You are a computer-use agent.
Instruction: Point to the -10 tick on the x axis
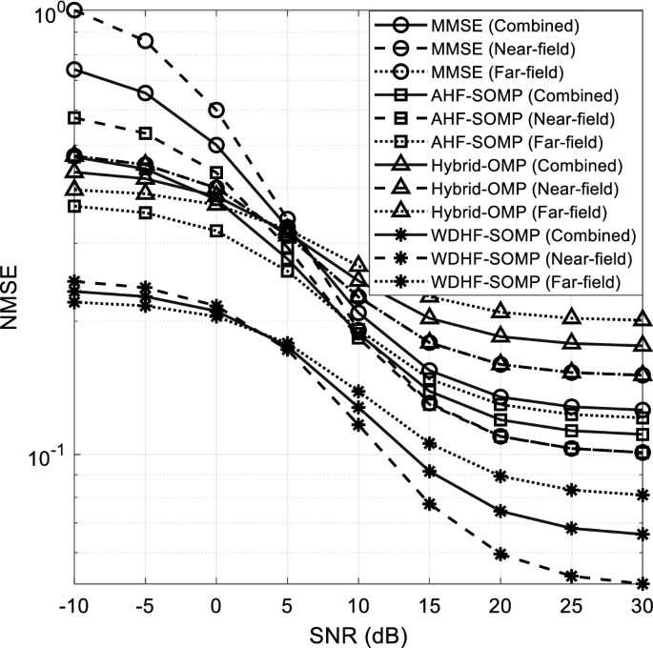74,607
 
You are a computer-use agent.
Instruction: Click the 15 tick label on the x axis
429,607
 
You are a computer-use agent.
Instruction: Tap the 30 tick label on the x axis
642,607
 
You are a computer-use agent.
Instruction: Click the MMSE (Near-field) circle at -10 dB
74,10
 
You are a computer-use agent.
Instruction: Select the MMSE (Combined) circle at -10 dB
74,70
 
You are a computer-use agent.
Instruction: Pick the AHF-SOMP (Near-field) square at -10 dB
74,118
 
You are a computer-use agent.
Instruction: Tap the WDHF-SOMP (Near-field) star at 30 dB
643,584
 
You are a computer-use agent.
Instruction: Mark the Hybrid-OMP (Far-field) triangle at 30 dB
643,320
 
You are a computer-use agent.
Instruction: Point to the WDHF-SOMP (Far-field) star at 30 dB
643,496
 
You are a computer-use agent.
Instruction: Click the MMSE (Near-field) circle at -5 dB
145,41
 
